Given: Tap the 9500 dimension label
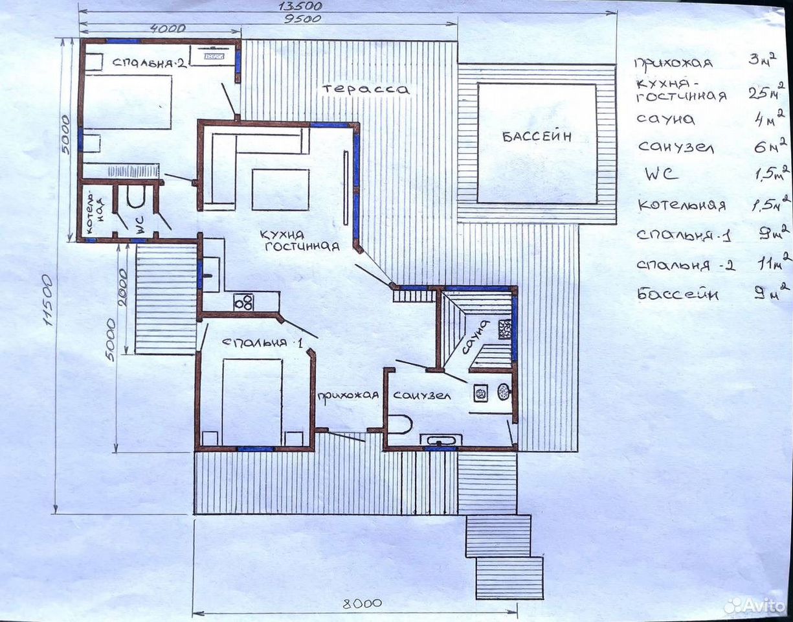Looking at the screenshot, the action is tap(302, 19).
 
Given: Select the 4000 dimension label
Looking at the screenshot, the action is tap(168, 29).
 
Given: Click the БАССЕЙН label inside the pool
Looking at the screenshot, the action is tap(537, 137).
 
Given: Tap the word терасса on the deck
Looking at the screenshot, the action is tap(366, 89).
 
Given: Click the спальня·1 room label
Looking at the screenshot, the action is tap(262, 343).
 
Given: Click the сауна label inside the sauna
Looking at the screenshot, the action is tap(475, 337).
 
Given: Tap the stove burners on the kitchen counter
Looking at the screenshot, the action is tap(243, 302).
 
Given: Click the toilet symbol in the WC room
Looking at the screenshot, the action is tap(137, 196).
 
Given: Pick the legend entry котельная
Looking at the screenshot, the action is tap(682, 205).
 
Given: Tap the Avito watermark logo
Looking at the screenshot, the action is tap(755, 606).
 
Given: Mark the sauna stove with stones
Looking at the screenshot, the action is tap(505, 329).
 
